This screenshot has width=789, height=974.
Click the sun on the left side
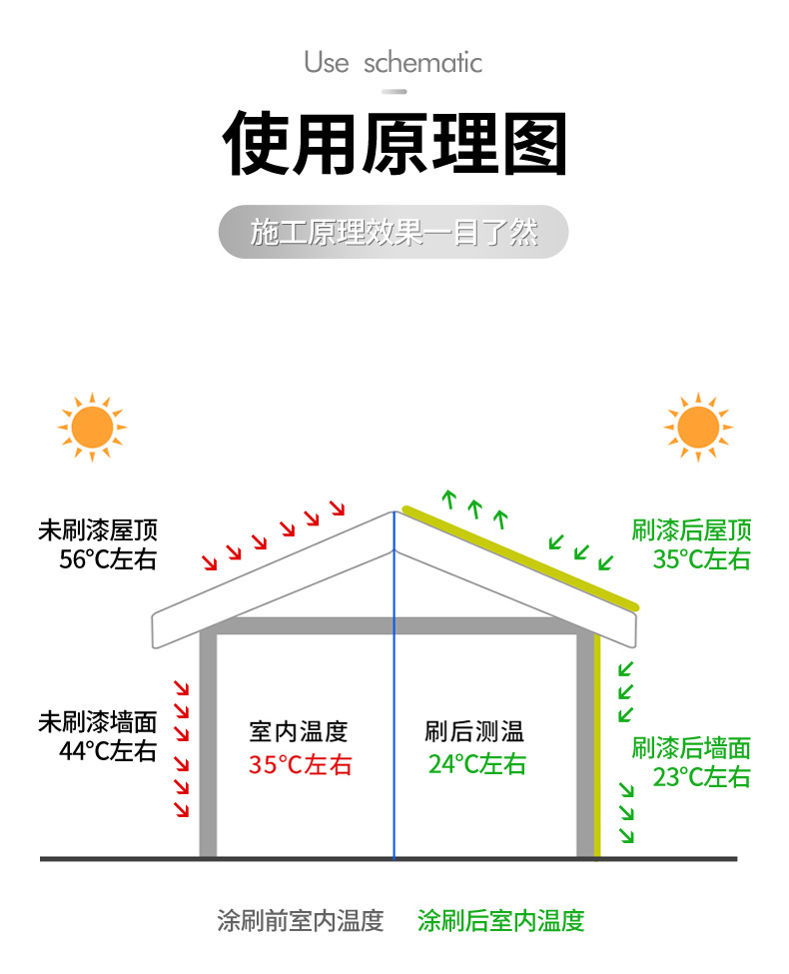tap(92, 428)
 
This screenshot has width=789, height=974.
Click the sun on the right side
tap(698, 428)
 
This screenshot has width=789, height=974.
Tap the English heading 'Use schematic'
tap(394, 63)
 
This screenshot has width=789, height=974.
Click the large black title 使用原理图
tap(394, 145)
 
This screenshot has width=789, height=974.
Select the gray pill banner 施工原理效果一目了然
tap(394, 233)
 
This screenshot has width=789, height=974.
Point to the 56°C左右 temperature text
tap(108, 559)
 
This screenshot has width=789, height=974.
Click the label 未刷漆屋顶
tap(98, 530)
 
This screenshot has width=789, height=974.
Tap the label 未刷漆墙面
tap(98, 721)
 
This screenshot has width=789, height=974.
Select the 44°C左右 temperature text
tap(108, 750)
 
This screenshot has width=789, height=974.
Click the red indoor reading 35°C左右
tap(301, 765)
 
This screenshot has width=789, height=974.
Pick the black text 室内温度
tap(299, 732)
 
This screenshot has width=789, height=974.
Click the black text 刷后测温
tap(474, 732)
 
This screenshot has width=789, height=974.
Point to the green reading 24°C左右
tap(477, 765)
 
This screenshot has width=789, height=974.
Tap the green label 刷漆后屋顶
tap(691, 530)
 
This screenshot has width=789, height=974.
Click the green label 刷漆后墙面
tap(691, 747)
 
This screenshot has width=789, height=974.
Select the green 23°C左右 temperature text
tap(701, 777)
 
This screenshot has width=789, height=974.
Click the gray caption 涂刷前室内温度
tap(301, 920)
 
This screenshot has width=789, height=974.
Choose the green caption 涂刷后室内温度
tap(500, 920)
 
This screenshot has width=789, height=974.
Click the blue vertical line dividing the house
tap(394, 699)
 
